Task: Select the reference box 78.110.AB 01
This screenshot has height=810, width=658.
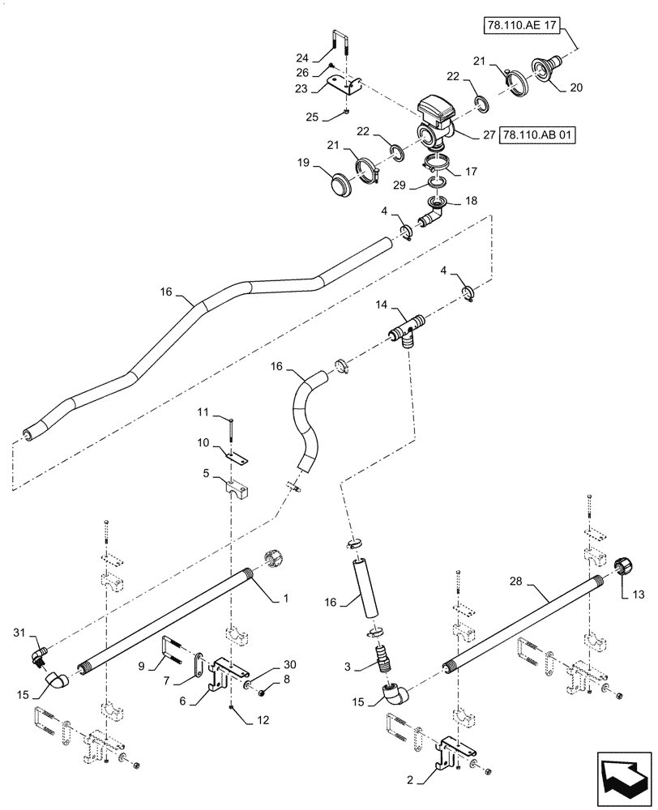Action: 538,136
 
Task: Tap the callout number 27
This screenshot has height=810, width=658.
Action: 489,136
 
